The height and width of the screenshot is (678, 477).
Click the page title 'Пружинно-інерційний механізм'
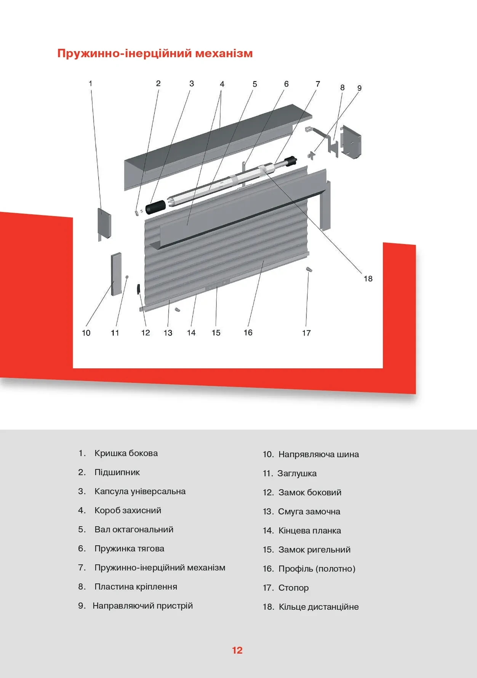155,53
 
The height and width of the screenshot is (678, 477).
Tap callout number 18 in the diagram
368,279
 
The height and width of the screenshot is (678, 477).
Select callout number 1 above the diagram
90,83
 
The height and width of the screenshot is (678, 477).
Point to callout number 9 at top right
359,88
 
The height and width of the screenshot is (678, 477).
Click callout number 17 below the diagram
306,333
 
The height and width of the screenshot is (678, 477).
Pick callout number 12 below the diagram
146,333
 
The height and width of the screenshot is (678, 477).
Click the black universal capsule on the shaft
155,207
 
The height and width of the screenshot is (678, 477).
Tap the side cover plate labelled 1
104,223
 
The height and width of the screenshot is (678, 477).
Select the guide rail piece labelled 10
116,274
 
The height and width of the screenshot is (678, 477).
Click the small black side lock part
139,289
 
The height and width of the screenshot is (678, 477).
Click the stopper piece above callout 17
309,270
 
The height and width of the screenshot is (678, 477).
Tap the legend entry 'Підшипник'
117,472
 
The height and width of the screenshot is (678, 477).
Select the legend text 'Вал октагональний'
134,530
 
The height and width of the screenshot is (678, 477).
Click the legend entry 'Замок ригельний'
314,549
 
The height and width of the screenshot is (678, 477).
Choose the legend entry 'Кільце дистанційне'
319,607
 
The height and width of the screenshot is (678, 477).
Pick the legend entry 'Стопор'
293,588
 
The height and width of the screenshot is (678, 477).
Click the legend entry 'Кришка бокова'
126,453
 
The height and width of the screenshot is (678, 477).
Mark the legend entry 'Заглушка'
297,473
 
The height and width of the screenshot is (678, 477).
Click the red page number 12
237,651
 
